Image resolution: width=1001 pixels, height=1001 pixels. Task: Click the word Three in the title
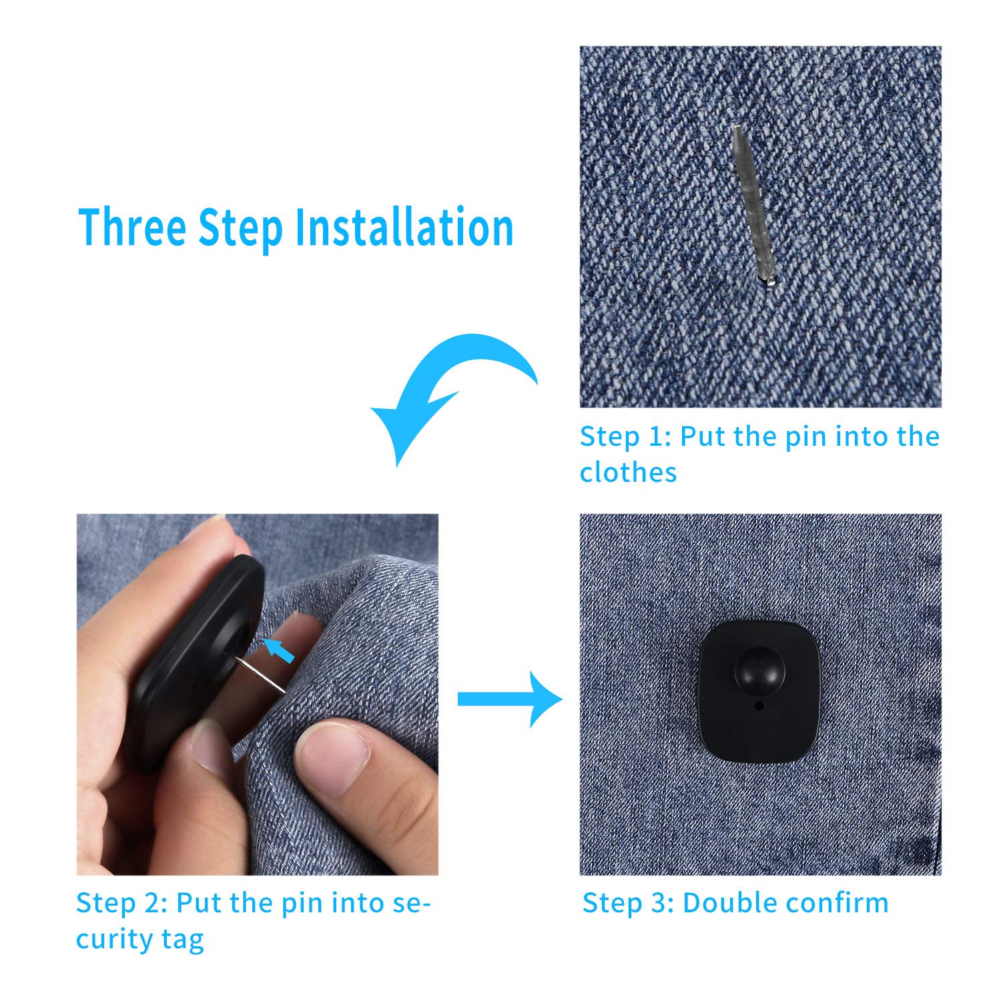click(131, 227)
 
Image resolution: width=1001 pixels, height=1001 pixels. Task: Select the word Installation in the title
click(404, 227)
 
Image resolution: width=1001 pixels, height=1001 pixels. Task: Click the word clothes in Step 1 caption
click(628, 472)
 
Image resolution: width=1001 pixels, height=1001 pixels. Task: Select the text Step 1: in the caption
click(625, 436)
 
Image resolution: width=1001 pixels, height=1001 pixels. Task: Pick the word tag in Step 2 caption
click(182, 940)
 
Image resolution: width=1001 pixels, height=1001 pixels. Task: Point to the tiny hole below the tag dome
click(759, 705)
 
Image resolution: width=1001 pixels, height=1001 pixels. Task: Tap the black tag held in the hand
click(194, 661)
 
